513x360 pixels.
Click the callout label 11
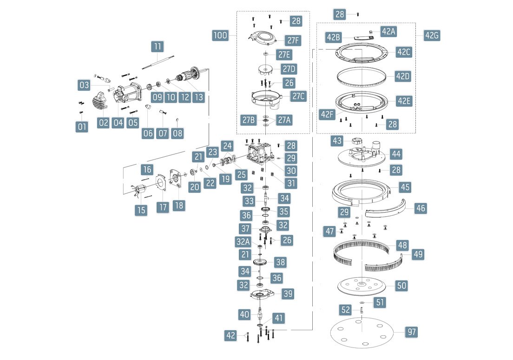tap(158, 47)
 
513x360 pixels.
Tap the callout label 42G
tap(432, 36)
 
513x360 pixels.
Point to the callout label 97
tap(411, 332)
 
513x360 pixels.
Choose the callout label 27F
tap(293, 40)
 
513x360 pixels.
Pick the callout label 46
tap(421, 208)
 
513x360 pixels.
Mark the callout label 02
tap(103, 123)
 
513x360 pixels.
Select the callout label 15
tap(141, 210)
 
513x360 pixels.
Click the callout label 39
tap(288, 294)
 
